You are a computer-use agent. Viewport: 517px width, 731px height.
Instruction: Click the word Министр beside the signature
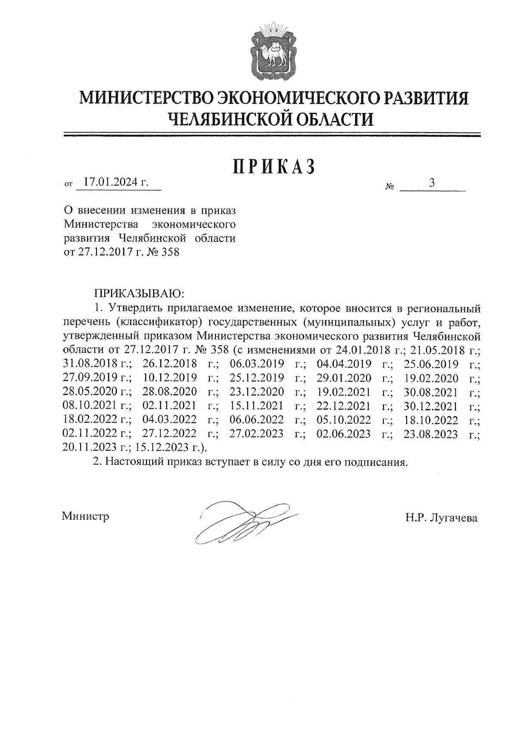85,516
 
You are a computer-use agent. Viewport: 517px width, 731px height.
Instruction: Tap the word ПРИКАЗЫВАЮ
139,294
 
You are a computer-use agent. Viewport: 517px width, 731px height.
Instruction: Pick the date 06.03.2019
257,364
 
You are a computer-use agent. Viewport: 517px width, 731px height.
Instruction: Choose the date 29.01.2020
344,378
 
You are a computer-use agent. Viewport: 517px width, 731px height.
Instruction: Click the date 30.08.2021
431,392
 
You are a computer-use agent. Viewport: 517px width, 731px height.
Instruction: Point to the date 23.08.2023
430,434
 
